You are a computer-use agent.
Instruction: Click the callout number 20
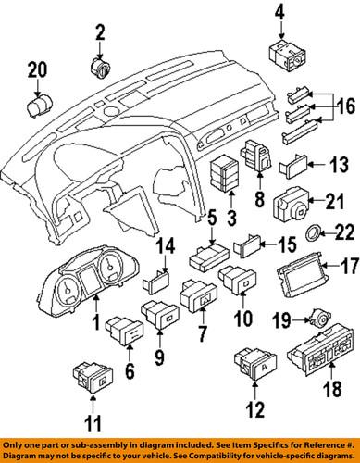tap(35, 69)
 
